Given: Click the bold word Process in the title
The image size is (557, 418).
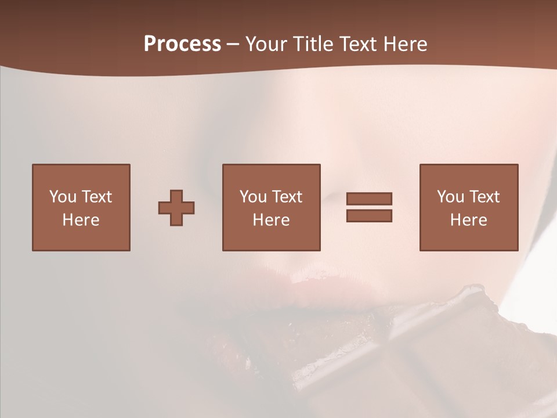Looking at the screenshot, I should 182,44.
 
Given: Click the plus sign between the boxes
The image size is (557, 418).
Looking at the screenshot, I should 176,208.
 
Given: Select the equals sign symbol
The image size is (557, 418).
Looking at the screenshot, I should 369,207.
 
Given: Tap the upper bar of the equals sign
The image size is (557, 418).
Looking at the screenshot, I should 369,199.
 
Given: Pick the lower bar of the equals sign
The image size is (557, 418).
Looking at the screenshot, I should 369,215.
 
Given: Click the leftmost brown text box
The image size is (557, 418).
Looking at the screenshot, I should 81,207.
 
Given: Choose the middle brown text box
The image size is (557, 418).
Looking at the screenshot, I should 272,207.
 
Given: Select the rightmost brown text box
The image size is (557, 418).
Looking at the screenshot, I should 469,207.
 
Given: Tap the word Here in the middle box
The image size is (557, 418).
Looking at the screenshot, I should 272,219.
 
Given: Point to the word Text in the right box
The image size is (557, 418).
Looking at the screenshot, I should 485,197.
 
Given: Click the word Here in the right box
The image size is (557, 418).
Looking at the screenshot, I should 469,219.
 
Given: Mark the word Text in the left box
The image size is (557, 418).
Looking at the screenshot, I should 97,197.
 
